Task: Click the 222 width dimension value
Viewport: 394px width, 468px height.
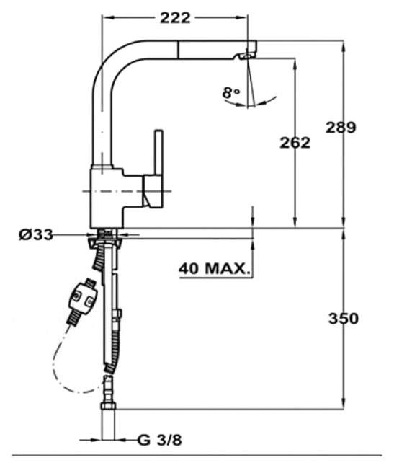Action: pyautogui.click(x=175, y=18)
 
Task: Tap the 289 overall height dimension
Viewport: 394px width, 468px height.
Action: pyautogui.click(x=341, y=128)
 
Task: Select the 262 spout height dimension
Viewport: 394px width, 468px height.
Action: pyautogui.click(x=295, y=143)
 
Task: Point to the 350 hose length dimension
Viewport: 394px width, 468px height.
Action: pyautogui.click(x=344, y=319)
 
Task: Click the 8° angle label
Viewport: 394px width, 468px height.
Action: pyautogui.click(x=231, y=93)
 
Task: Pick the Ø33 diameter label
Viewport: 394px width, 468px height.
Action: pyautogui.click(x=36, y=235)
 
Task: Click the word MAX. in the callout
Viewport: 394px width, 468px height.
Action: pyautogui.click(x=227, y=269)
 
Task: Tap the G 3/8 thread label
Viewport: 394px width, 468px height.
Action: pyautogui.click(x=160, y=440)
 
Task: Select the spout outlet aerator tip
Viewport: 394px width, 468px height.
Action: pyautogui.click(x=246, y=56)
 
